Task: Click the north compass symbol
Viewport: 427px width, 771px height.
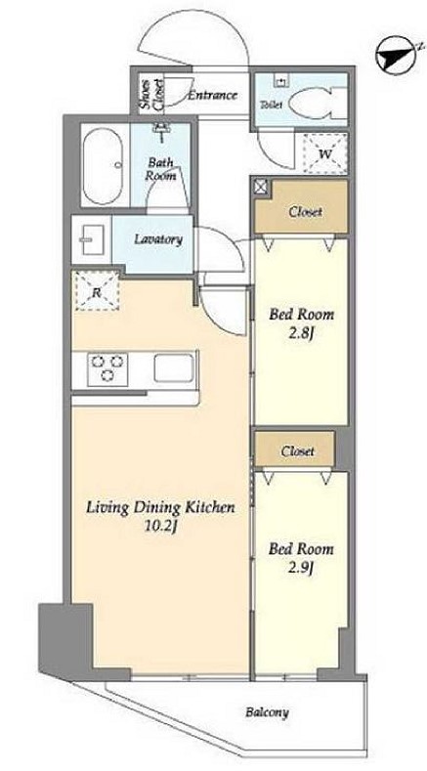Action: (396, 56)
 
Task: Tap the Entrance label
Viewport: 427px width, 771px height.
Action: (212, 95)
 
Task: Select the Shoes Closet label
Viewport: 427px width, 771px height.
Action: (151, 95)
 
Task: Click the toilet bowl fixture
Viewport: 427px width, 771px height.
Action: (318, 104)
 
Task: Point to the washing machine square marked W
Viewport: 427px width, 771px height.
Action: (324, 152)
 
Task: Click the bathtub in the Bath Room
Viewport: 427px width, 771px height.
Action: (103, 166)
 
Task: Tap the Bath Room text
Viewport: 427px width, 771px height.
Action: (160, 169)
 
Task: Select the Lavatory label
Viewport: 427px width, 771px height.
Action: (158, 239)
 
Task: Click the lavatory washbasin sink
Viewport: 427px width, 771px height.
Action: (92, 239)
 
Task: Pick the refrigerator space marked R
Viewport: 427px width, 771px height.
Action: (97, 291)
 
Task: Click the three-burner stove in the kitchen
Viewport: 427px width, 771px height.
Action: (107, 368)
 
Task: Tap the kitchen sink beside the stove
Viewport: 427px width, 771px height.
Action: (174, 367)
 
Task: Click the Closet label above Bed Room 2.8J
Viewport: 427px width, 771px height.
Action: (305, 212)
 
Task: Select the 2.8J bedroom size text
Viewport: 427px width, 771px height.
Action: (301, 334)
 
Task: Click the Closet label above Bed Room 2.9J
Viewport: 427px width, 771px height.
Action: (298, 450)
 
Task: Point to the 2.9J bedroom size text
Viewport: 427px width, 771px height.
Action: (301, 568)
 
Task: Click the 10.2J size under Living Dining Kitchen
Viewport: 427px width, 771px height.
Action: (160, 527)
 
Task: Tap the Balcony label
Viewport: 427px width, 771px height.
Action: (267, 712)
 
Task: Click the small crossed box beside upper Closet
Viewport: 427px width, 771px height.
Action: (260, 187)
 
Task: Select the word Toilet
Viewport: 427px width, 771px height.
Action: (271, 105)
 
